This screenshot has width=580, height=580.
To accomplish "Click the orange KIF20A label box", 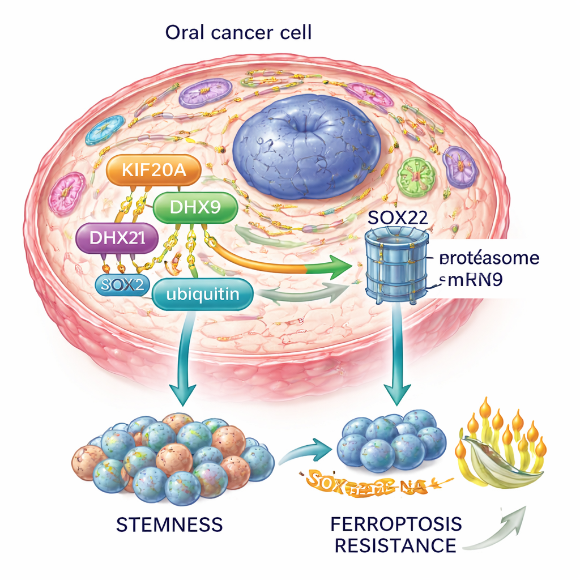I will point(153,170).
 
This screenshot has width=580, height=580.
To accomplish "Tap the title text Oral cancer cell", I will point(238,32).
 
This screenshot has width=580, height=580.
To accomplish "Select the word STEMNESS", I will point(169,524).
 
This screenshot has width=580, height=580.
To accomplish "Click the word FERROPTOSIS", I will point(396,524).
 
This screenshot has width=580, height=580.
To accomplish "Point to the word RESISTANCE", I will point(395,545).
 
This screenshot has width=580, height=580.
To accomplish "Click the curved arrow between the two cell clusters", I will point(306,450).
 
